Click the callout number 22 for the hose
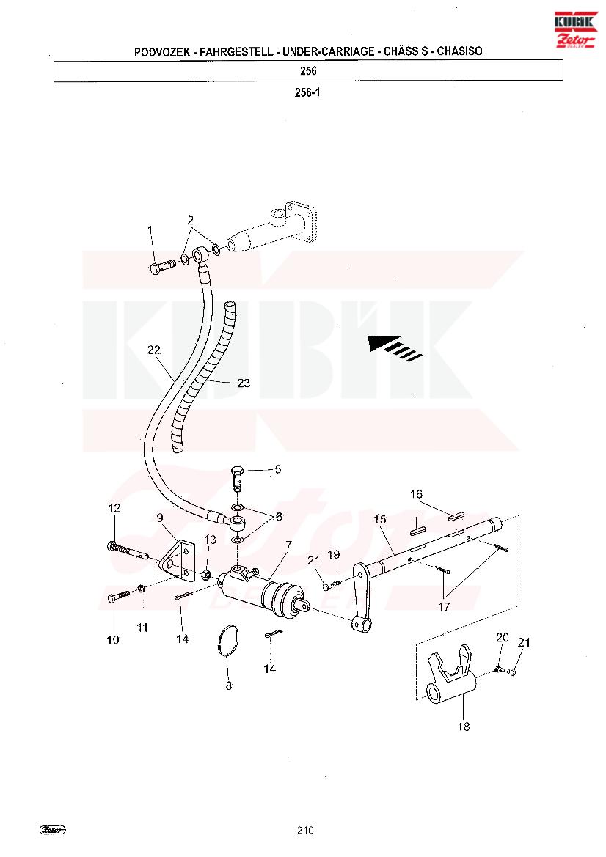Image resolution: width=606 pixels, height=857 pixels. [153, 350]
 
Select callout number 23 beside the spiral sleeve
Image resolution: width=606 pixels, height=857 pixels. [244, 383]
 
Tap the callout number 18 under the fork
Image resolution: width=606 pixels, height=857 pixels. [464, 727]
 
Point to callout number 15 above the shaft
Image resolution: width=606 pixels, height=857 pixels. [380, 519]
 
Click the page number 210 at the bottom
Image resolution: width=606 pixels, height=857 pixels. [305, 830]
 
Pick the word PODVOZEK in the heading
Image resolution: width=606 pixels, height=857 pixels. [162, 52]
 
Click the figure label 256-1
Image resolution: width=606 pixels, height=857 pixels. [308, 92]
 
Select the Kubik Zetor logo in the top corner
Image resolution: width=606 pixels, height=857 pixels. [575, 29]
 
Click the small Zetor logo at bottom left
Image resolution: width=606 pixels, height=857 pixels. [53, 830]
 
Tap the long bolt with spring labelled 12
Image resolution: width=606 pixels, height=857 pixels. [128, 551]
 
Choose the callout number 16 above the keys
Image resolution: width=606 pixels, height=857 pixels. [417, 494]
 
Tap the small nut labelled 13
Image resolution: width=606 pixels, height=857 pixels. [207, 575]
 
